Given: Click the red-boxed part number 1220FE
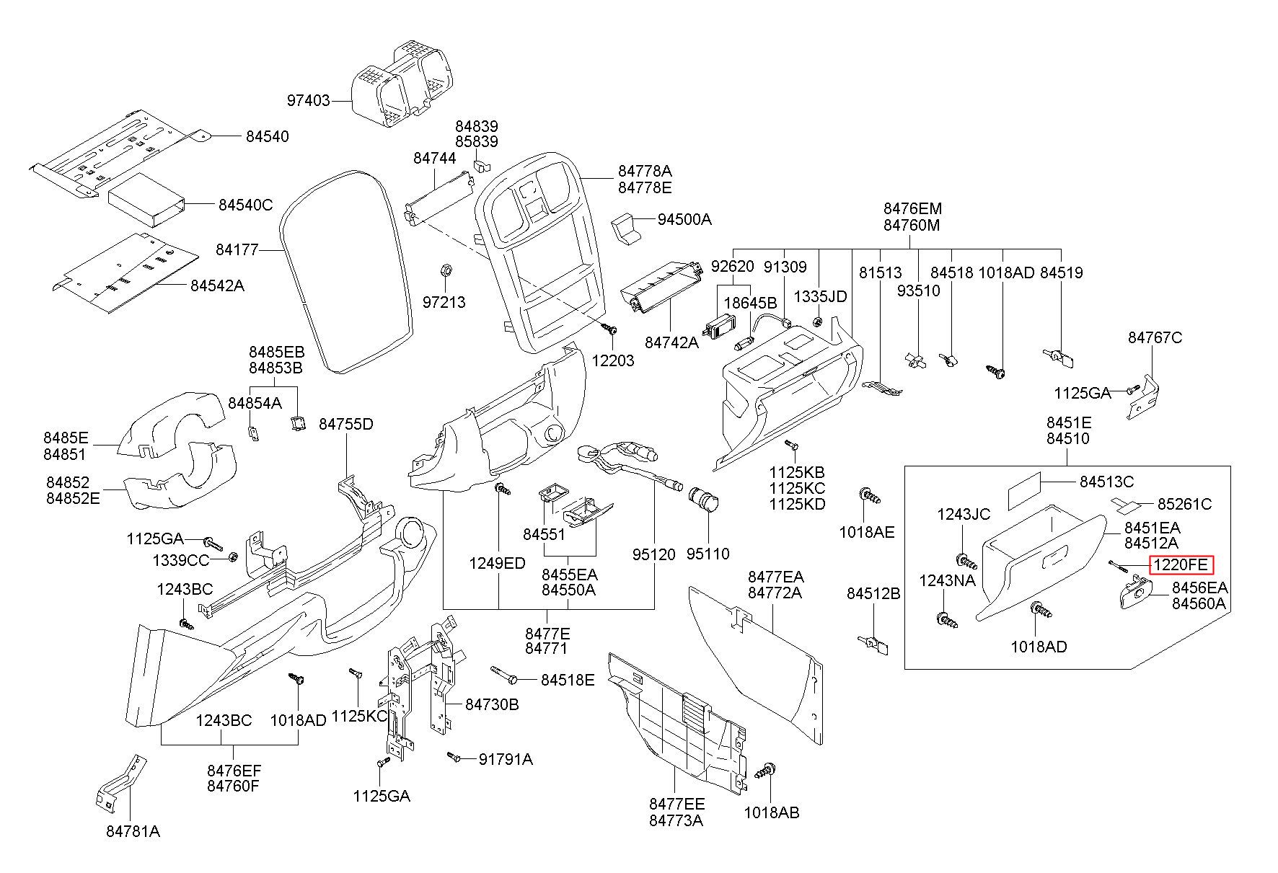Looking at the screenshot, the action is click(x=1182, y=565).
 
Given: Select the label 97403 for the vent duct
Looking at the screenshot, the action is click(x=309, y=101).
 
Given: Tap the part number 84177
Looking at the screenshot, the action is click(x=237, y=250).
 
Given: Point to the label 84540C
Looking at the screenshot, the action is click(x=246, y=205).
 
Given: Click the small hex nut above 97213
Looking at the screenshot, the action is click(x=446, y=270).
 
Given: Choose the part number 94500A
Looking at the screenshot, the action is click(x=684, y=219).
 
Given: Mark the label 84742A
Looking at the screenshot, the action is click(x=671, y=342).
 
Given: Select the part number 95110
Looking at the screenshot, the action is click(x=708, y=554).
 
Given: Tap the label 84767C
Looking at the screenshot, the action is click(x=1155, y=337).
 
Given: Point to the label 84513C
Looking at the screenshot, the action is click(x=1106, y=482).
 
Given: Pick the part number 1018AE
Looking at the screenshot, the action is click(x=866, y=532).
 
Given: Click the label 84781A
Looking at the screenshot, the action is click(x=133, y=831).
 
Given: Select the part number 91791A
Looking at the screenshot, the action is click(x=506, y=759).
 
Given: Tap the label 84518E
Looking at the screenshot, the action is click(x=568, y=680).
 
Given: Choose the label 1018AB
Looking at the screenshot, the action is click(x=772, y=812).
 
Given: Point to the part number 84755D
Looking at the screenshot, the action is click(x=346, y=424).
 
